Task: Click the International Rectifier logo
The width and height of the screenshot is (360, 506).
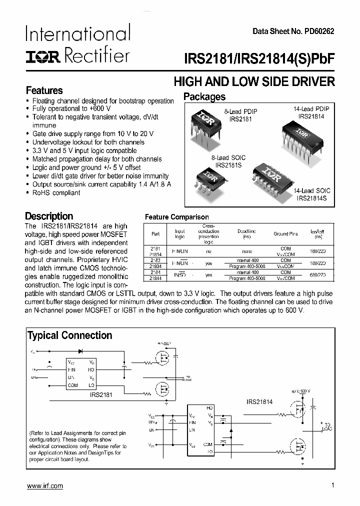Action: click(78, 44)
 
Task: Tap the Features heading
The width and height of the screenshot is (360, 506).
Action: click(44, 90)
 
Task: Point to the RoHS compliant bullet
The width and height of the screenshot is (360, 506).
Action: click(56, 193)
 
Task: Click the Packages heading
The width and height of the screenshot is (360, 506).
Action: click(204, 97)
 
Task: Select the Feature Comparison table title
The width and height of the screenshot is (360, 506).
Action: click(176, 217)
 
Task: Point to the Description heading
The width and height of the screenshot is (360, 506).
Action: click(49, 216)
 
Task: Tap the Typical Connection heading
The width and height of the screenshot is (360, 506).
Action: click(69, 335)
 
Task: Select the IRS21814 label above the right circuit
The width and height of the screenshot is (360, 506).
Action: click(259, 401)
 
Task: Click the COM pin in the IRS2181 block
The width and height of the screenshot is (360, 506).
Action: click(72, 385)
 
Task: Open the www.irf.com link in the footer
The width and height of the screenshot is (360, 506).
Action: click(44, 486)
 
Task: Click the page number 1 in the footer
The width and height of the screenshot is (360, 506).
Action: click(332, 485)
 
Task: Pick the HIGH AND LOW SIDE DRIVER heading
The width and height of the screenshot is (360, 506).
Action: click(253, 81)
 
